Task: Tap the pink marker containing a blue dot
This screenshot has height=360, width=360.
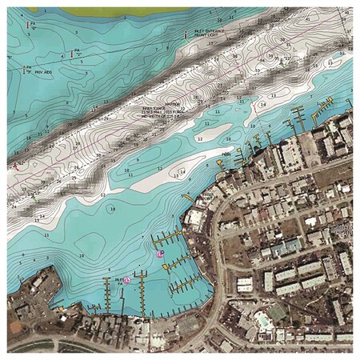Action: tap(161, 253)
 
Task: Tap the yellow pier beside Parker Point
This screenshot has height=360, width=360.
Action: tap(188, 196)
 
